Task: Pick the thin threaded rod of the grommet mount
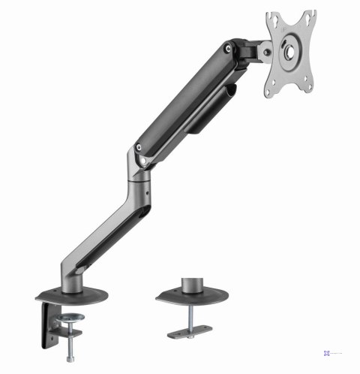click(x=195, y=312)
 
